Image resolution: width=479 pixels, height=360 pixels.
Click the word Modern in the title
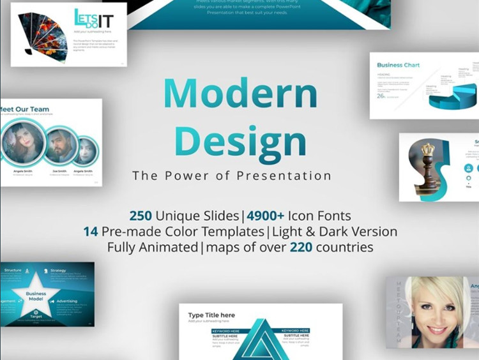click(240, 94)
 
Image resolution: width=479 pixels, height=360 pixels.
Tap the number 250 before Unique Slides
click(141, 216)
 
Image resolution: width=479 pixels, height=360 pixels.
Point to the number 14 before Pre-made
click(91, 231)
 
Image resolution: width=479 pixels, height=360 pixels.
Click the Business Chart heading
click(399, 65)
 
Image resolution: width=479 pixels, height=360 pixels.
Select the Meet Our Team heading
click(24, 109)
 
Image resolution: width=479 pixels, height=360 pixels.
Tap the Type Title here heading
click(211, 315)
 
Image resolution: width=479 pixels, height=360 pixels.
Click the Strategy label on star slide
click(58, 271)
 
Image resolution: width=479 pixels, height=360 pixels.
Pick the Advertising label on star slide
click(66, 301)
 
